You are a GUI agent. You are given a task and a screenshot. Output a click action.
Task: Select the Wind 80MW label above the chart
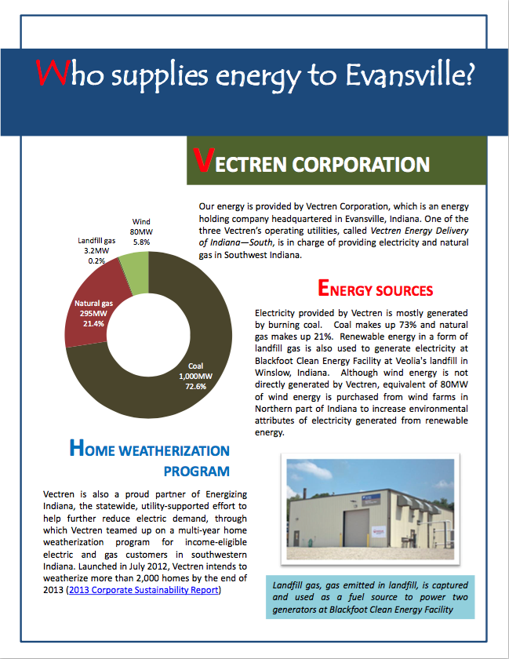tap(141, 232)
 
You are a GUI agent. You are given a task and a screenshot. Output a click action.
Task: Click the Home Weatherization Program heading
tap(150, 461)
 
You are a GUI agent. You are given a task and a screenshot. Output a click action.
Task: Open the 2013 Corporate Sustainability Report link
tap(143, 589)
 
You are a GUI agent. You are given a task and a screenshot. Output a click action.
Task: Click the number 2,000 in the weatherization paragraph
tap(118, 578)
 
